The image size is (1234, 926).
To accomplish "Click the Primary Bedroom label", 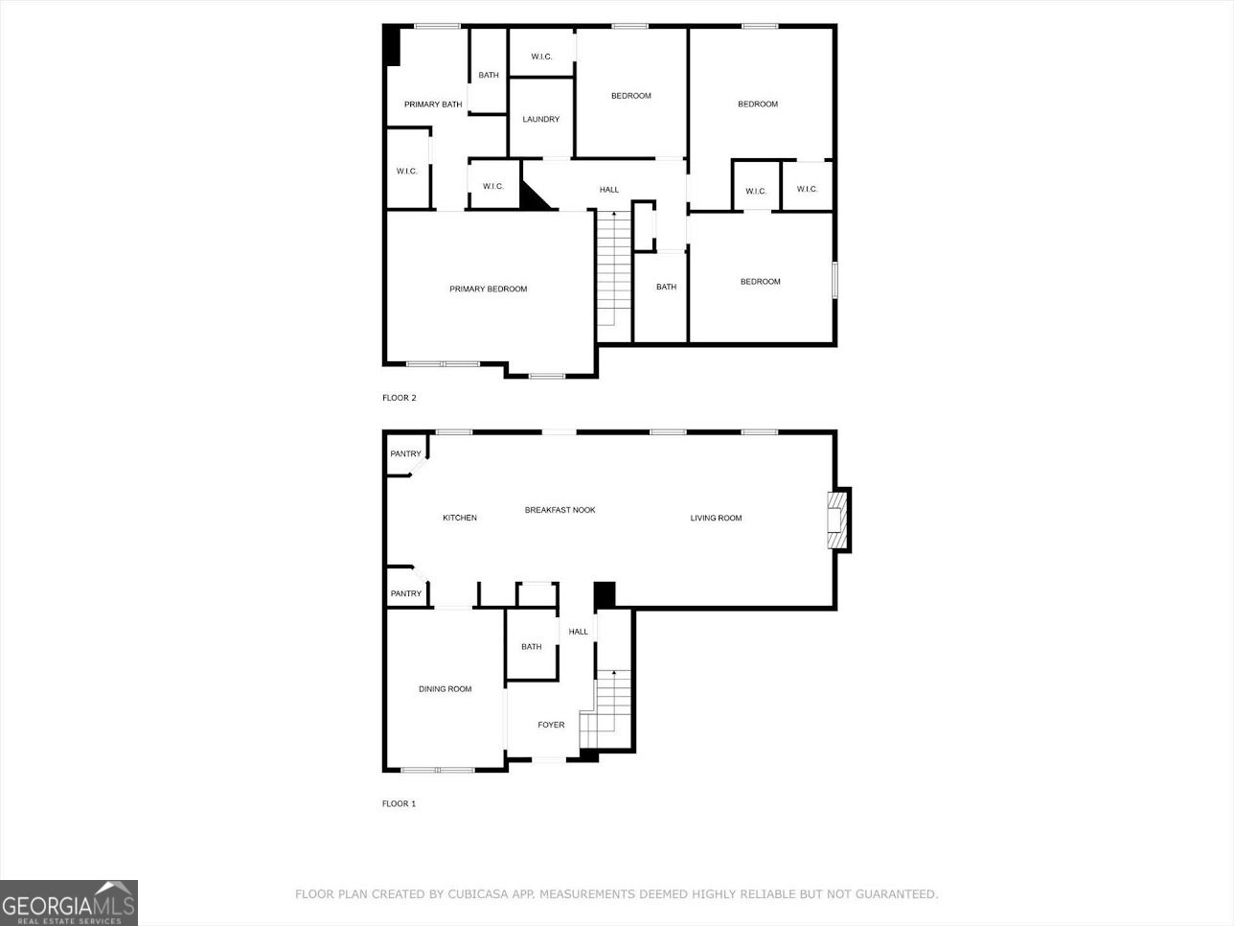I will (489, 289).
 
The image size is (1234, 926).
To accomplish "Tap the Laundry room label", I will (541, 120).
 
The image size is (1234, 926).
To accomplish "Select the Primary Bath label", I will (433, 104).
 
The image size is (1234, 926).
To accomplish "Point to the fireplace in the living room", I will (839, 521).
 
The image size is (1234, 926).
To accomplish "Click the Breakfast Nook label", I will (560, 510).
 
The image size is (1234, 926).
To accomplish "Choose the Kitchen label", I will (460, 519).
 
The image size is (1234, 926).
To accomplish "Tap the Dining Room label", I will (446, 689).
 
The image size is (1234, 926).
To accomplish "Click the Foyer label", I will (551, 726).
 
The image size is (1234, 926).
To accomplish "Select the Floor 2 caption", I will (400, 398).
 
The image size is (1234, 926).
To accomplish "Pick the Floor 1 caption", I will (400, 804).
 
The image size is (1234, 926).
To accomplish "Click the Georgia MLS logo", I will (69, 903).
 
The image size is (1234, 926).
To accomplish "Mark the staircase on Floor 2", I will (614, 273).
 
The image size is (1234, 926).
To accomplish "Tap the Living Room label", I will (717, 519).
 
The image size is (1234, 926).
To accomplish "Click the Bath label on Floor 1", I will (532, 647).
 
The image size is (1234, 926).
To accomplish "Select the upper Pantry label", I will (406, 454).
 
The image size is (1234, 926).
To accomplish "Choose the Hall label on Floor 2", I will (609, 191).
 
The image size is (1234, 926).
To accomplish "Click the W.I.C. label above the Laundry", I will (541, 58).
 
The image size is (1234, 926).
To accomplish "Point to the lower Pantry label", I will (406, 594).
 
